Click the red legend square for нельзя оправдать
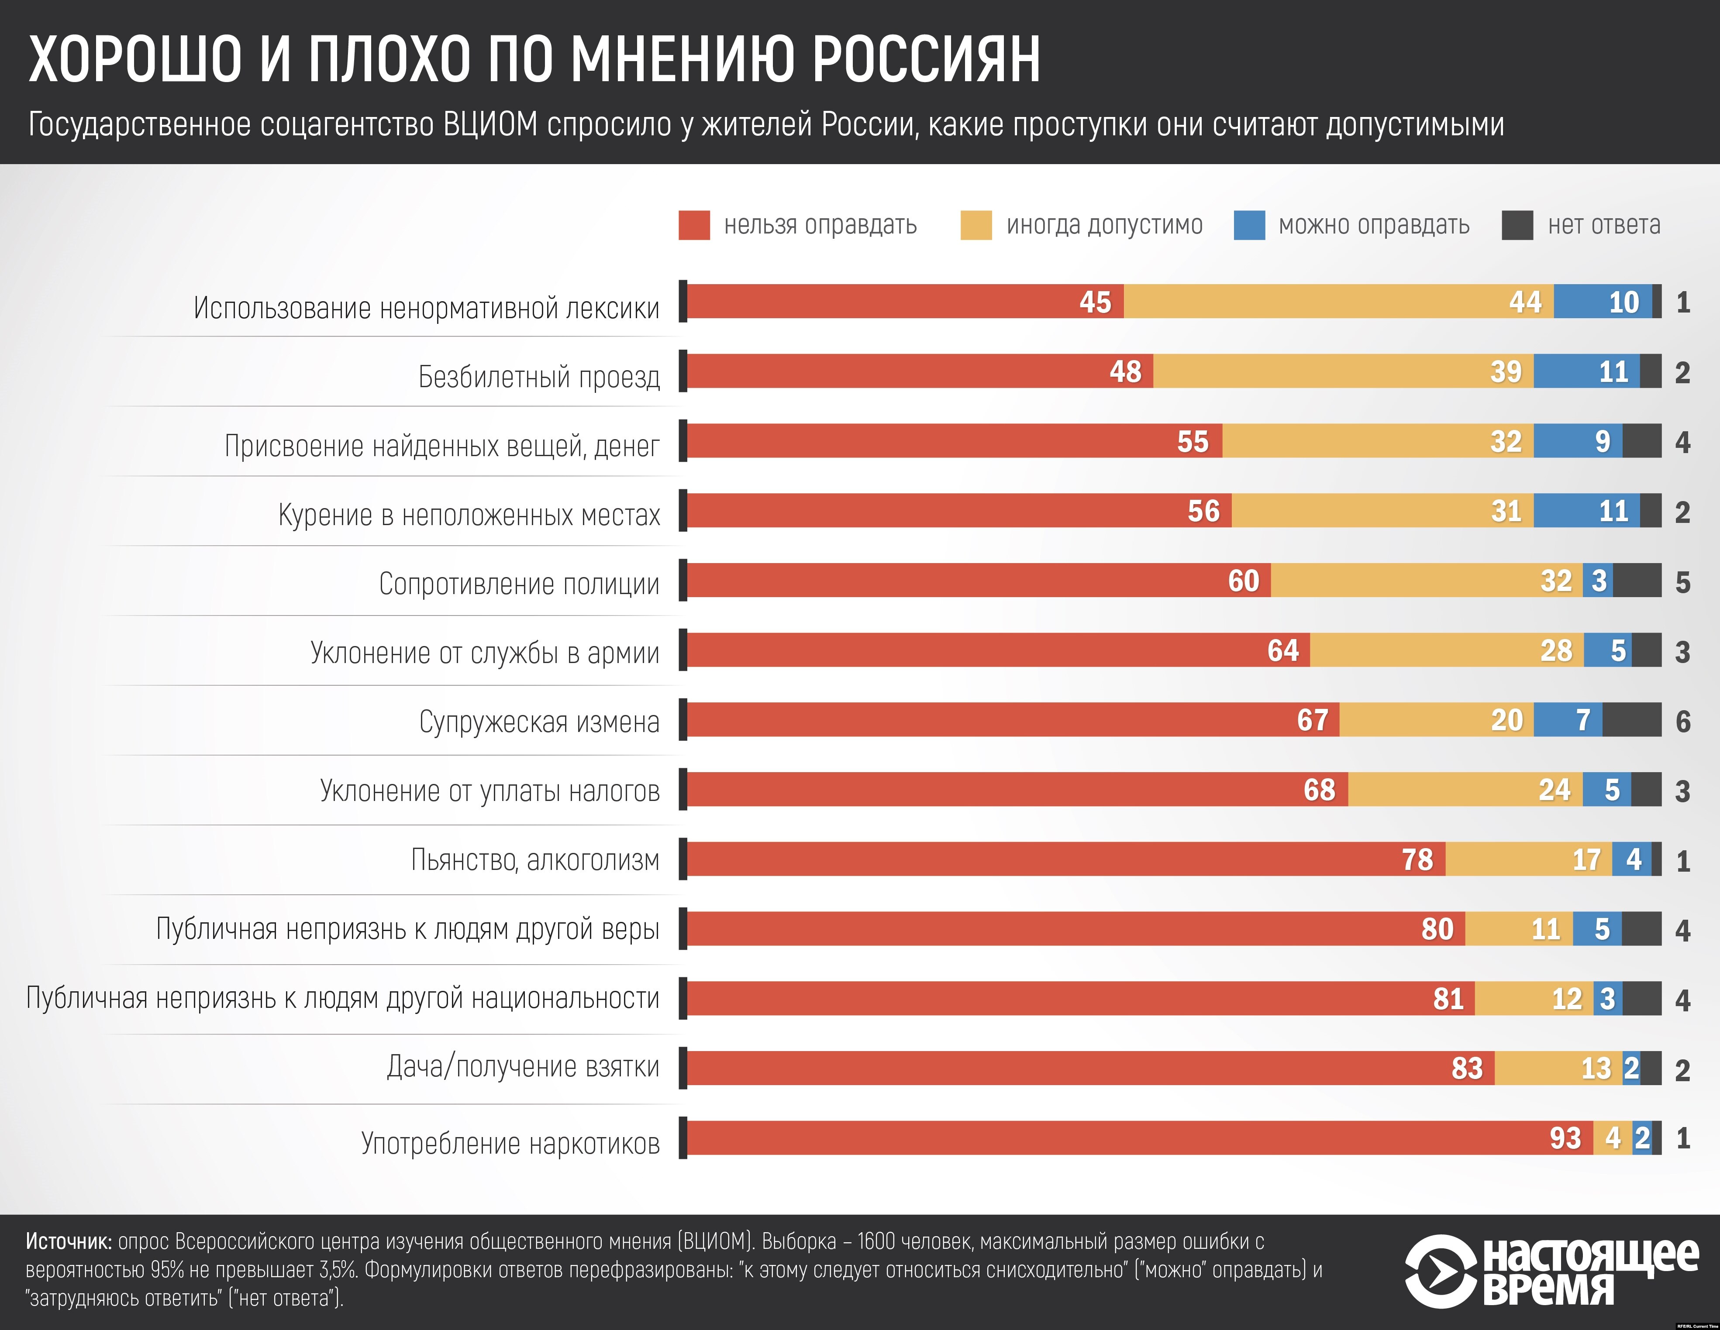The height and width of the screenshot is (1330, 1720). (694, 225)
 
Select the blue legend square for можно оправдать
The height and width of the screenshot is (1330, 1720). (1249, 225)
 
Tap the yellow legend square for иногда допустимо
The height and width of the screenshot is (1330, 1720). (976, 225)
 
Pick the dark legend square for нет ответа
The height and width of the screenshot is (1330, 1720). (1517, 225)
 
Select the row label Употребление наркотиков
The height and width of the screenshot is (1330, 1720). (510, 1143)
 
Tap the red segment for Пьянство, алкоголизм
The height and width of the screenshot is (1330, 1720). (1063, 859)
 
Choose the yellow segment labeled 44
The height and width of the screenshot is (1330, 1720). (1339, 302)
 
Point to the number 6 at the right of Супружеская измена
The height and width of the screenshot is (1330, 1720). (1683, 721)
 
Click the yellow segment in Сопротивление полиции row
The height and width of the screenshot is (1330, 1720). (1425, 581)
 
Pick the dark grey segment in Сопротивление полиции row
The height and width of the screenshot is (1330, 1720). (1637, 581)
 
